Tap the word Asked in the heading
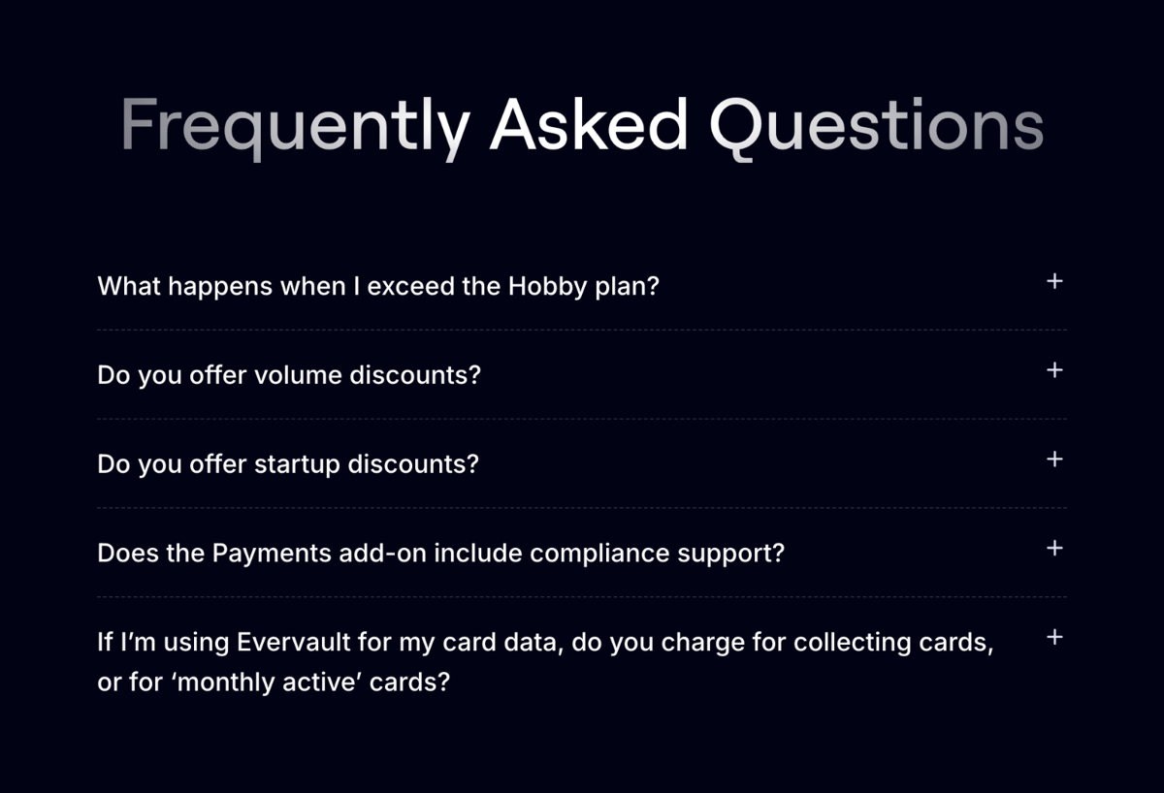tap(589, 125)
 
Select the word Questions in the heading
tap(876, 127)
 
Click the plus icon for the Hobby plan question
tap(1055, 281)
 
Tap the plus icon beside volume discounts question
tap(1055, 370)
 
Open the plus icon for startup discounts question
tap(1055, 459)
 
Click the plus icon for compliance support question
tap(1055, 548)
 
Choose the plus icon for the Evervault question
tap(1055, 637)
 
